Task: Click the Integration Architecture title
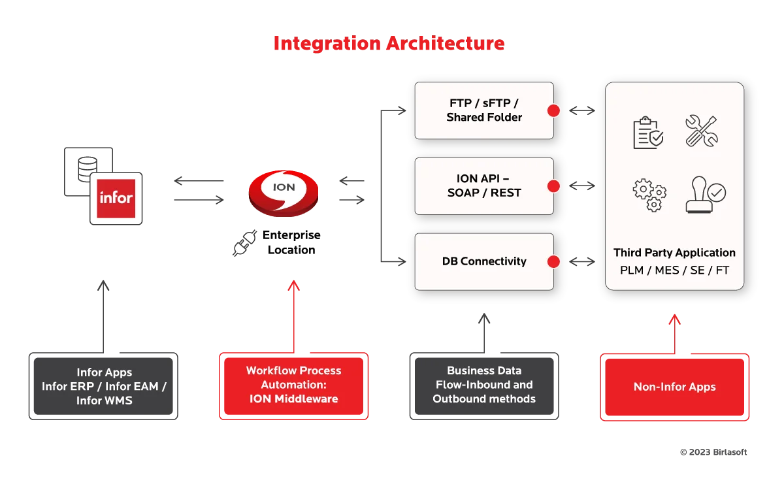389,44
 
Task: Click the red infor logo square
116,198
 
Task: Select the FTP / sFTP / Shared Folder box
484,110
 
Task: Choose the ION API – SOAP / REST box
484,186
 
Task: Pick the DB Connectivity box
484,261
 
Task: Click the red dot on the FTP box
553,110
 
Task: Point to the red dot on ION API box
553,186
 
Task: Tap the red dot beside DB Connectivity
553,262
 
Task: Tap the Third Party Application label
674,253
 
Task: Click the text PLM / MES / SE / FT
674,270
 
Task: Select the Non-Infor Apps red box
674,387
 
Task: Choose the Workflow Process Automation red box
293,385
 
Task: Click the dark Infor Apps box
105,386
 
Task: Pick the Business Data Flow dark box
483,385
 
